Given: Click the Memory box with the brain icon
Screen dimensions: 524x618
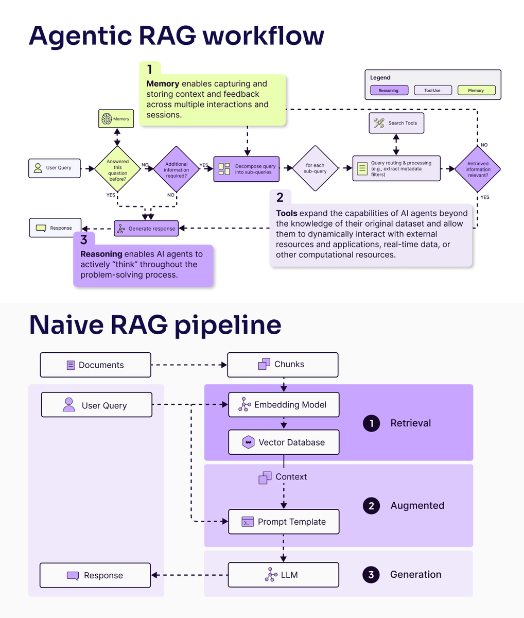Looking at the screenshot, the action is click(116, 118).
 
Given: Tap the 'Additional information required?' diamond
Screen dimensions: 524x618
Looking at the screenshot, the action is click(177, 169).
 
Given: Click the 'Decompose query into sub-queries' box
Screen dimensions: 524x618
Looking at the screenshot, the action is click(247, 169).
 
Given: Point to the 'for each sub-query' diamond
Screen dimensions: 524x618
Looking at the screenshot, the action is click(315, 168).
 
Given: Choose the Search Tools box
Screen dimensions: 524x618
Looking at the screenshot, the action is click(396, 123).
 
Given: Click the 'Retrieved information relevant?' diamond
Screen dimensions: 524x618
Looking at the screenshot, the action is click(478, 169).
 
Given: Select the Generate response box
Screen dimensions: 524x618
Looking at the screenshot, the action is click(146, 229).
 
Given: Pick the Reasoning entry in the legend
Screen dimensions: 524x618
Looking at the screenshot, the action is click(389, 90).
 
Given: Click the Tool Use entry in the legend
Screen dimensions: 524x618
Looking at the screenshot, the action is click(433, 90).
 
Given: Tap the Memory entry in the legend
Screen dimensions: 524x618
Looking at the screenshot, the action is click(477, 90).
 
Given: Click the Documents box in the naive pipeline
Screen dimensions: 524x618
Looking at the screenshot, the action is click(96, 365).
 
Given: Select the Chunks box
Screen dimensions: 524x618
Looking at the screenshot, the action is click(283, 365).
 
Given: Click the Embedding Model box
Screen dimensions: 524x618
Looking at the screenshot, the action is click(284, 404).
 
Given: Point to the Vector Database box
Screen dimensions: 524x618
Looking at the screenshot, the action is click(284, 442).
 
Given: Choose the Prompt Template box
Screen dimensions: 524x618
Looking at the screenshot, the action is click(284, 522).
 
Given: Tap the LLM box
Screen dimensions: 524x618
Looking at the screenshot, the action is click(284, 575).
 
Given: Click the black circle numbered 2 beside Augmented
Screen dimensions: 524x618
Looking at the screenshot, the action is click(371, 506).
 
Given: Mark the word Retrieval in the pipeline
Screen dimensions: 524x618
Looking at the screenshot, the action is click(410, 423).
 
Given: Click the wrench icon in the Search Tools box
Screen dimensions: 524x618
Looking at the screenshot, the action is click(379, 123).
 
